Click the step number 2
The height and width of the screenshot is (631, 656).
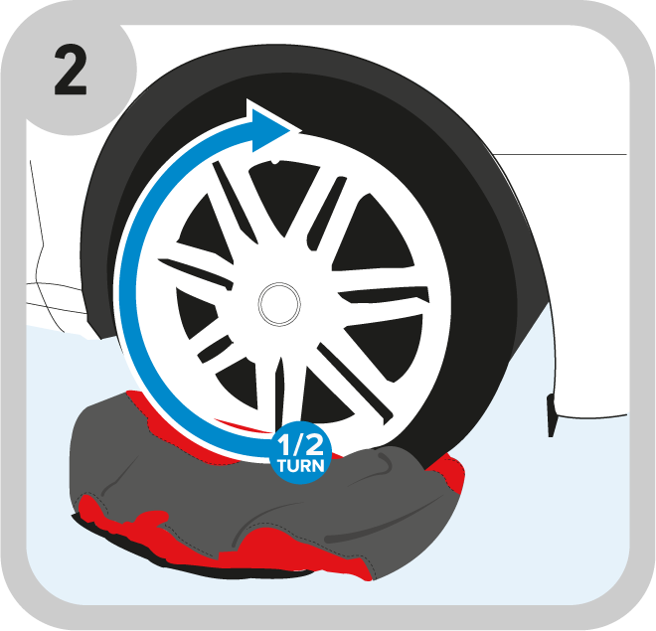(x=71, y=71)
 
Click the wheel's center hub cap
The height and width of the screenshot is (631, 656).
(x=279, y=304)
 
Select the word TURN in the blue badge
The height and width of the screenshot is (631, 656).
(x=300, y=465)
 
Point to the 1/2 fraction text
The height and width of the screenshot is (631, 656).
(x=300, y=444)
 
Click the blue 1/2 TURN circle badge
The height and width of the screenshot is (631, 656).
(x=300, y=453)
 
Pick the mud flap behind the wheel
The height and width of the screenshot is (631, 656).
(x=551, y=415)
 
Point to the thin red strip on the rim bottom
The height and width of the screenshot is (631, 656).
(x=243, y=425)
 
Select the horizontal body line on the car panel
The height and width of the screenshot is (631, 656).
(x=560, y=154)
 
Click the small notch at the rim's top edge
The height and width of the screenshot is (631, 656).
(x=275, y=161)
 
